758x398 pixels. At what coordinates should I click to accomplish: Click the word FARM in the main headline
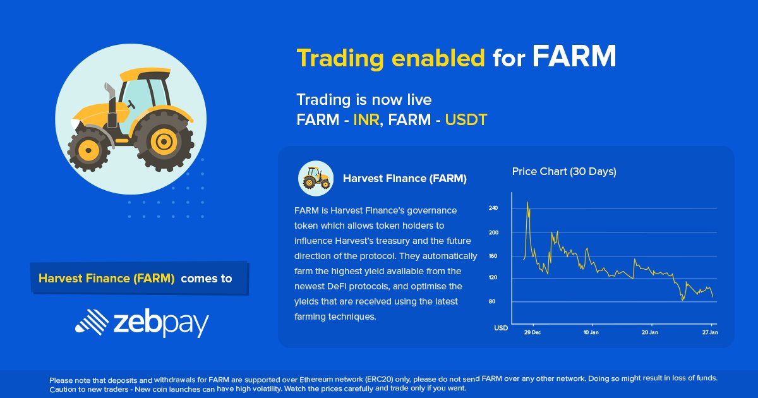click(574, 57)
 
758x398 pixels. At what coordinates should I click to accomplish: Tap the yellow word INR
click(366, 119)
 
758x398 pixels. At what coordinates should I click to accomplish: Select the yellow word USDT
click(466, 119)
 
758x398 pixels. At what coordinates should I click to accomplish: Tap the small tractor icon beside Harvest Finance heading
click(315, 178)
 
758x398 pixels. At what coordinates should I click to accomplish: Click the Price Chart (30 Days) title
click(564, 171)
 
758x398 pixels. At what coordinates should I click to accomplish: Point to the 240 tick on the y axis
click(493, 208)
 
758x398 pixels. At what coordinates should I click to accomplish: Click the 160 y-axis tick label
click(493, 256)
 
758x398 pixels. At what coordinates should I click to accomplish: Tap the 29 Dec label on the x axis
click(532, 332)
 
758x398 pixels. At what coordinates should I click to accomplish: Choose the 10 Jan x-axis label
click(591, 332)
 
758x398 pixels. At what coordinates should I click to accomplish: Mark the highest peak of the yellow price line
click(527, 203)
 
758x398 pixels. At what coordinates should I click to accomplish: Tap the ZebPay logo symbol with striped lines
click(92, 322)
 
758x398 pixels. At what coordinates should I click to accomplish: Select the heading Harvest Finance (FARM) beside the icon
click(405, 179)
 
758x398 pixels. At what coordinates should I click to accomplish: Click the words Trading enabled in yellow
click(390, 58)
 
